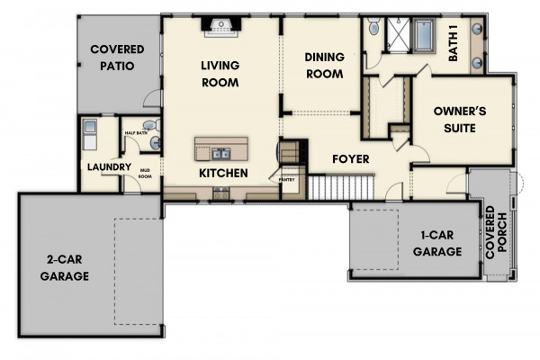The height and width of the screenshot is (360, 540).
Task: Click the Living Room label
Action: (x=220, y=74)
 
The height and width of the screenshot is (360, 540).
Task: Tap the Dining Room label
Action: (x=324, y=66)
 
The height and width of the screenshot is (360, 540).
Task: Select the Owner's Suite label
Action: (x=460, y=120)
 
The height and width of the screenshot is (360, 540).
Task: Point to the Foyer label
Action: (x=351, y=158)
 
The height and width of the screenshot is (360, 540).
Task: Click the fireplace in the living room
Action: (x=220, y=27)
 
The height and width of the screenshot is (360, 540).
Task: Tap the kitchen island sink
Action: (x=220, y=154)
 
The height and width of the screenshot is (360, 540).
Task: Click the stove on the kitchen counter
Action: (x=220, y=193)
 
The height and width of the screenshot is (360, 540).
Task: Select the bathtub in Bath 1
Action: (x=424, y=35)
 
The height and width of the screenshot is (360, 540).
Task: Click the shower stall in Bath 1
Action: (x=398, y=35)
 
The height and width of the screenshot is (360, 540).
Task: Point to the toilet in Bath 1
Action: (x=373, y=26)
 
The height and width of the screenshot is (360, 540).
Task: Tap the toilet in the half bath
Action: (x=152, y=125)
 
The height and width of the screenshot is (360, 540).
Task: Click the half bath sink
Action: (x=156, y=142)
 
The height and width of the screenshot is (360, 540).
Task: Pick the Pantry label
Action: (x=286, y=180)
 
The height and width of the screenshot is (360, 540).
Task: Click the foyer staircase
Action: (x=341, y=187)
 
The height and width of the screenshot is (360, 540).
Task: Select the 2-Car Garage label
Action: (x=65, y=267)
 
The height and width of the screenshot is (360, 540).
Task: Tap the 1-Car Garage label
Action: (x=437, y=243)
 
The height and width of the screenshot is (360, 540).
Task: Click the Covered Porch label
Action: (x=496, y=232)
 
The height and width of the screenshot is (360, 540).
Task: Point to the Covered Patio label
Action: (x=117, y=58)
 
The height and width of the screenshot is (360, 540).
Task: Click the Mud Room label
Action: (x=145, y=174)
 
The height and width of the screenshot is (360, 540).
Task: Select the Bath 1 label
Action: (x=454, y=47)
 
